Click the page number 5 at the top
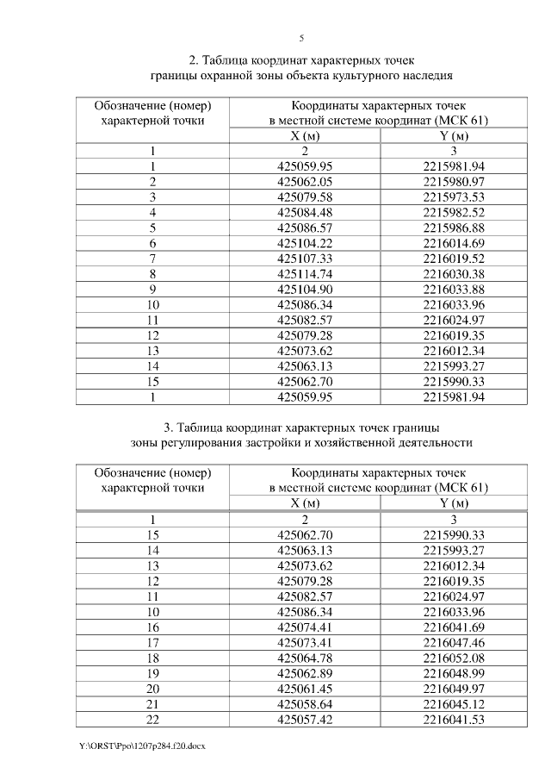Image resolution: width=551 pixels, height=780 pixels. (x=301, y=38)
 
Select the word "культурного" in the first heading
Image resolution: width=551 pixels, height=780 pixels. (x=357, y=76)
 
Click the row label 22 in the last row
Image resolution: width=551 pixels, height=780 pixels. (x=152, y=720)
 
